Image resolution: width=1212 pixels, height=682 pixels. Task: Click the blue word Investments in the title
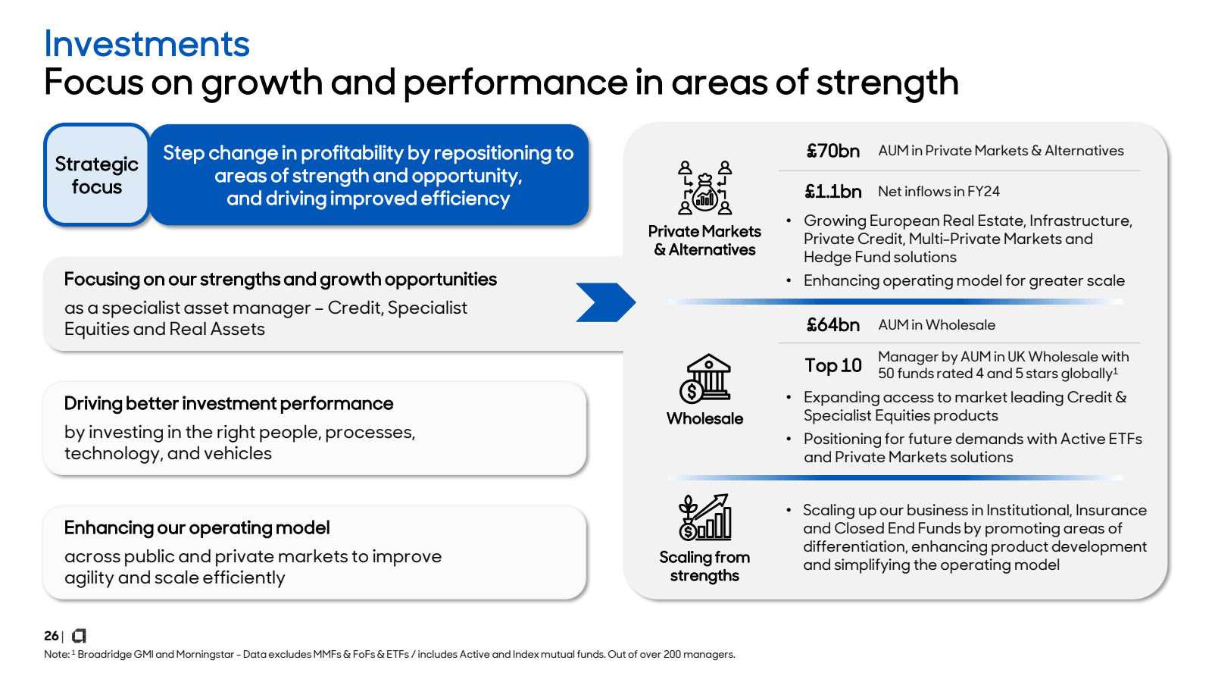point(147,44)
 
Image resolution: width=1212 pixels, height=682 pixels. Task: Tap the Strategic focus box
point(96,175)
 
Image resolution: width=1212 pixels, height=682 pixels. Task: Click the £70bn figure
point(832,151)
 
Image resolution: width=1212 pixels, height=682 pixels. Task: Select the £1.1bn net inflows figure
point(832,192)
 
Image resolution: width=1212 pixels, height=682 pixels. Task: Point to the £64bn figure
point(832,325)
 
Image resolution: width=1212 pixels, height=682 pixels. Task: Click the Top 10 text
point(833,365)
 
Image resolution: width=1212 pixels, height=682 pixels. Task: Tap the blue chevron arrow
point(605,302)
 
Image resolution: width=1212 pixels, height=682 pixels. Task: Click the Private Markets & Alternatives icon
point(704,187)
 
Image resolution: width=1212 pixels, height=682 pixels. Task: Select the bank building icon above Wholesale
point(705,378)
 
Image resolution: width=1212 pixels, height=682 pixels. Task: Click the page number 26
point(51,636)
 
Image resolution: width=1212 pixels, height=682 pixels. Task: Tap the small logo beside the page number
point(79,636)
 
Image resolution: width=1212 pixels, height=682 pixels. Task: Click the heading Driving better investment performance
point(229,403)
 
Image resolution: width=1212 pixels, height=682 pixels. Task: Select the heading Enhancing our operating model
point(197,527)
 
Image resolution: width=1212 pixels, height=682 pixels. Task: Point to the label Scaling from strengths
point(704,566)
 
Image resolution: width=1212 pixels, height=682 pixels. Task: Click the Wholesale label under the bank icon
point(704,418)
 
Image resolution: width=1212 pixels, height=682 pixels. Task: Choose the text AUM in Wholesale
point(936,325)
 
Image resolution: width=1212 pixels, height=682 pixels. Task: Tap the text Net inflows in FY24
point(939,192)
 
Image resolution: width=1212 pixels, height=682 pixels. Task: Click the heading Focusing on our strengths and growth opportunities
point(280,279)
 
